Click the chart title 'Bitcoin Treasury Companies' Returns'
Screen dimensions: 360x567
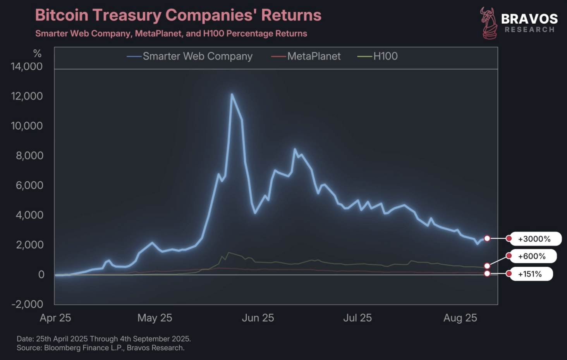coord(178,15)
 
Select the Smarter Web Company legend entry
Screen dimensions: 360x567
coord(197,57)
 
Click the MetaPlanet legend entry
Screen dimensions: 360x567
coord(314,57)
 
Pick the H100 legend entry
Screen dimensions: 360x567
coord(385,57)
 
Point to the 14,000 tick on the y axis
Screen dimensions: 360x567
coord(27,67)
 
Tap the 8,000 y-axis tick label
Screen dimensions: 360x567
coord(29,156)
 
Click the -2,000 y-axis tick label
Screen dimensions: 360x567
coord(27,304)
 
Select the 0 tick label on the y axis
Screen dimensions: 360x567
coord(41,274)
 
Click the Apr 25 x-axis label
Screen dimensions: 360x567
coord(55,318)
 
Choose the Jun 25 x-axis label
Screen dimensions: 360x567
coord(258,318)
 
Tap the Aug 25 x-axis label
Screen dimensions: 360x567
coord(460,318)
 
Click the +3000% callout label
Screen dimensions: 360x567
coord(534,239)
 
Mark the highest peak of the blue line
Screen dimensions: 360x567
coord(232,94)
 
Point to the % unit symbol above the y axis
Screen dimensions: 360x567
coord(37,53)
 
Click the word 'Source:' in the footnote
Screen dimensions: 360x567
coord(29,348)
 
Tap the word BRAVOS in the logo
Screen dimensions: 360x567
coord(529,19)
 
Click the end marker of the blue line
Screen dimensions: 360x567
coord(487,238)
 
